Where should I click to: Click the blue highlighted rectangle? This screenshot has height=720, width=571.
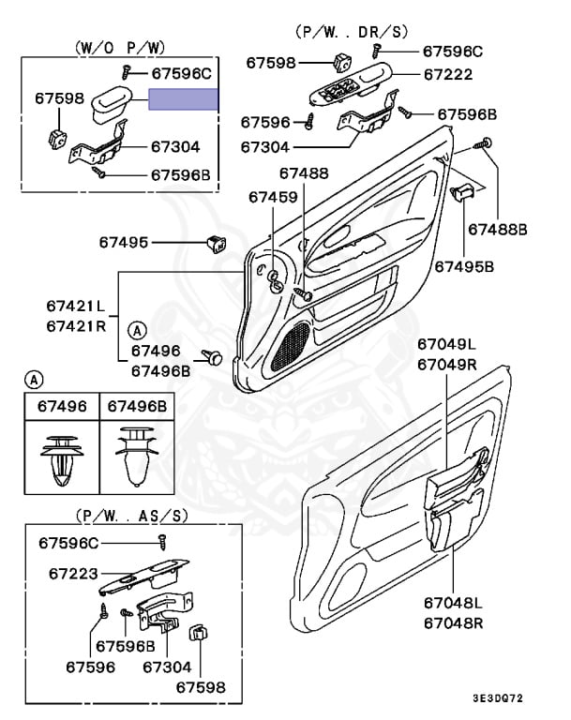pos(184,99)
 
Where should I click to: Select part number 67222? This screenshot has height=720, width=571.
pos(448,75)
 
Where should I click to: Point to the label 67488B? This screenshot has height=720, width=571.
pos(498,228)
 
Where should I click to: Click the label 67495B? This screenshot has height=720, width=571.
pos(463,266)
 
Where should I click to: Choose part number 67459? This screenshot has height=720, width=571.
pos(273,197)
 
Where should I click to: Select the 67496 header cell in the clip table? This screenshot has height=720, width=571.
pos(61,406)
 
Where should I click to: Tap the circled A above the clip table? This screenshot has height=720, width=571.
pos(34,380)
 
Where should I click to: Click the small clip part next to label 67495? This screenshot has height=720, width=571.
pos(215,243)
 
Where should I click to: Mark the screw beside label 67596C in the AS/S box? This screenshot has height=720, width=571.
pos(161,542)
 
